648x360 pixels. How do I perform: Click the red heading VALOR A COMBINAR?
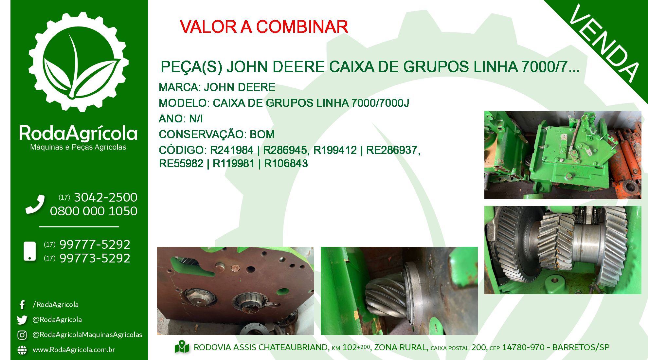coord(264,27)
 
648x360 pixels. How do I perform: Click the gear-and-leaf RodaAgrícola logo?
coord(79,62)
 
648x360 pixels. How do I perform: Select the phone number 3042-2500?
coord(105,197)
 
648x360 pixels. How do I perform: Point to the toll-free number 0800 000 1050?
coord(94,211)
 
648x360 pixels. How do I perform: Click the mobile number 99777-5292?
coord(95,244)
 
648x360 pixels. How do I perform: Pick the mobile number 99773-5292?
coord(95,258)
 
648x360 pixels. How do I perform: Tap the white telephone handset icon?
coord(35,205)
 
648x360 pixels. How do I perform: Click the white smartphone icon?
coord(30,251)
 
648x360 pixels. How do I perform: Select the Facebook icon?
coord(22,305)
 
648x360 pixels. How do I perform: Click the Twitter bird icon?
coord(22,320)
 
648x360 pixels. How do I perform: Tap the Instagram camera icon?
coord(22,335)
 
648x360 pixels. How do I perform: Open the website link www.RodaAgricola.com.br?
coord(74,350)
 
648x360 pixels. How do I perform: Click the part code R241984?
coord(232,150)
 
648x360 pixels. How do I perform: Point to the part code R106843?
coord(286,164)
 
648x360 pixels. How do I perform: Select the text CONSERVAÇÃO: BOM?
coord(217,135)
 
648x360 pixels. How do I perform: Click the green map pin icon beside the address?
coord(182,347)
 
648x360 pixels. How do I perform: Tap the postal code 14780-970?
coord(523,348)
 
